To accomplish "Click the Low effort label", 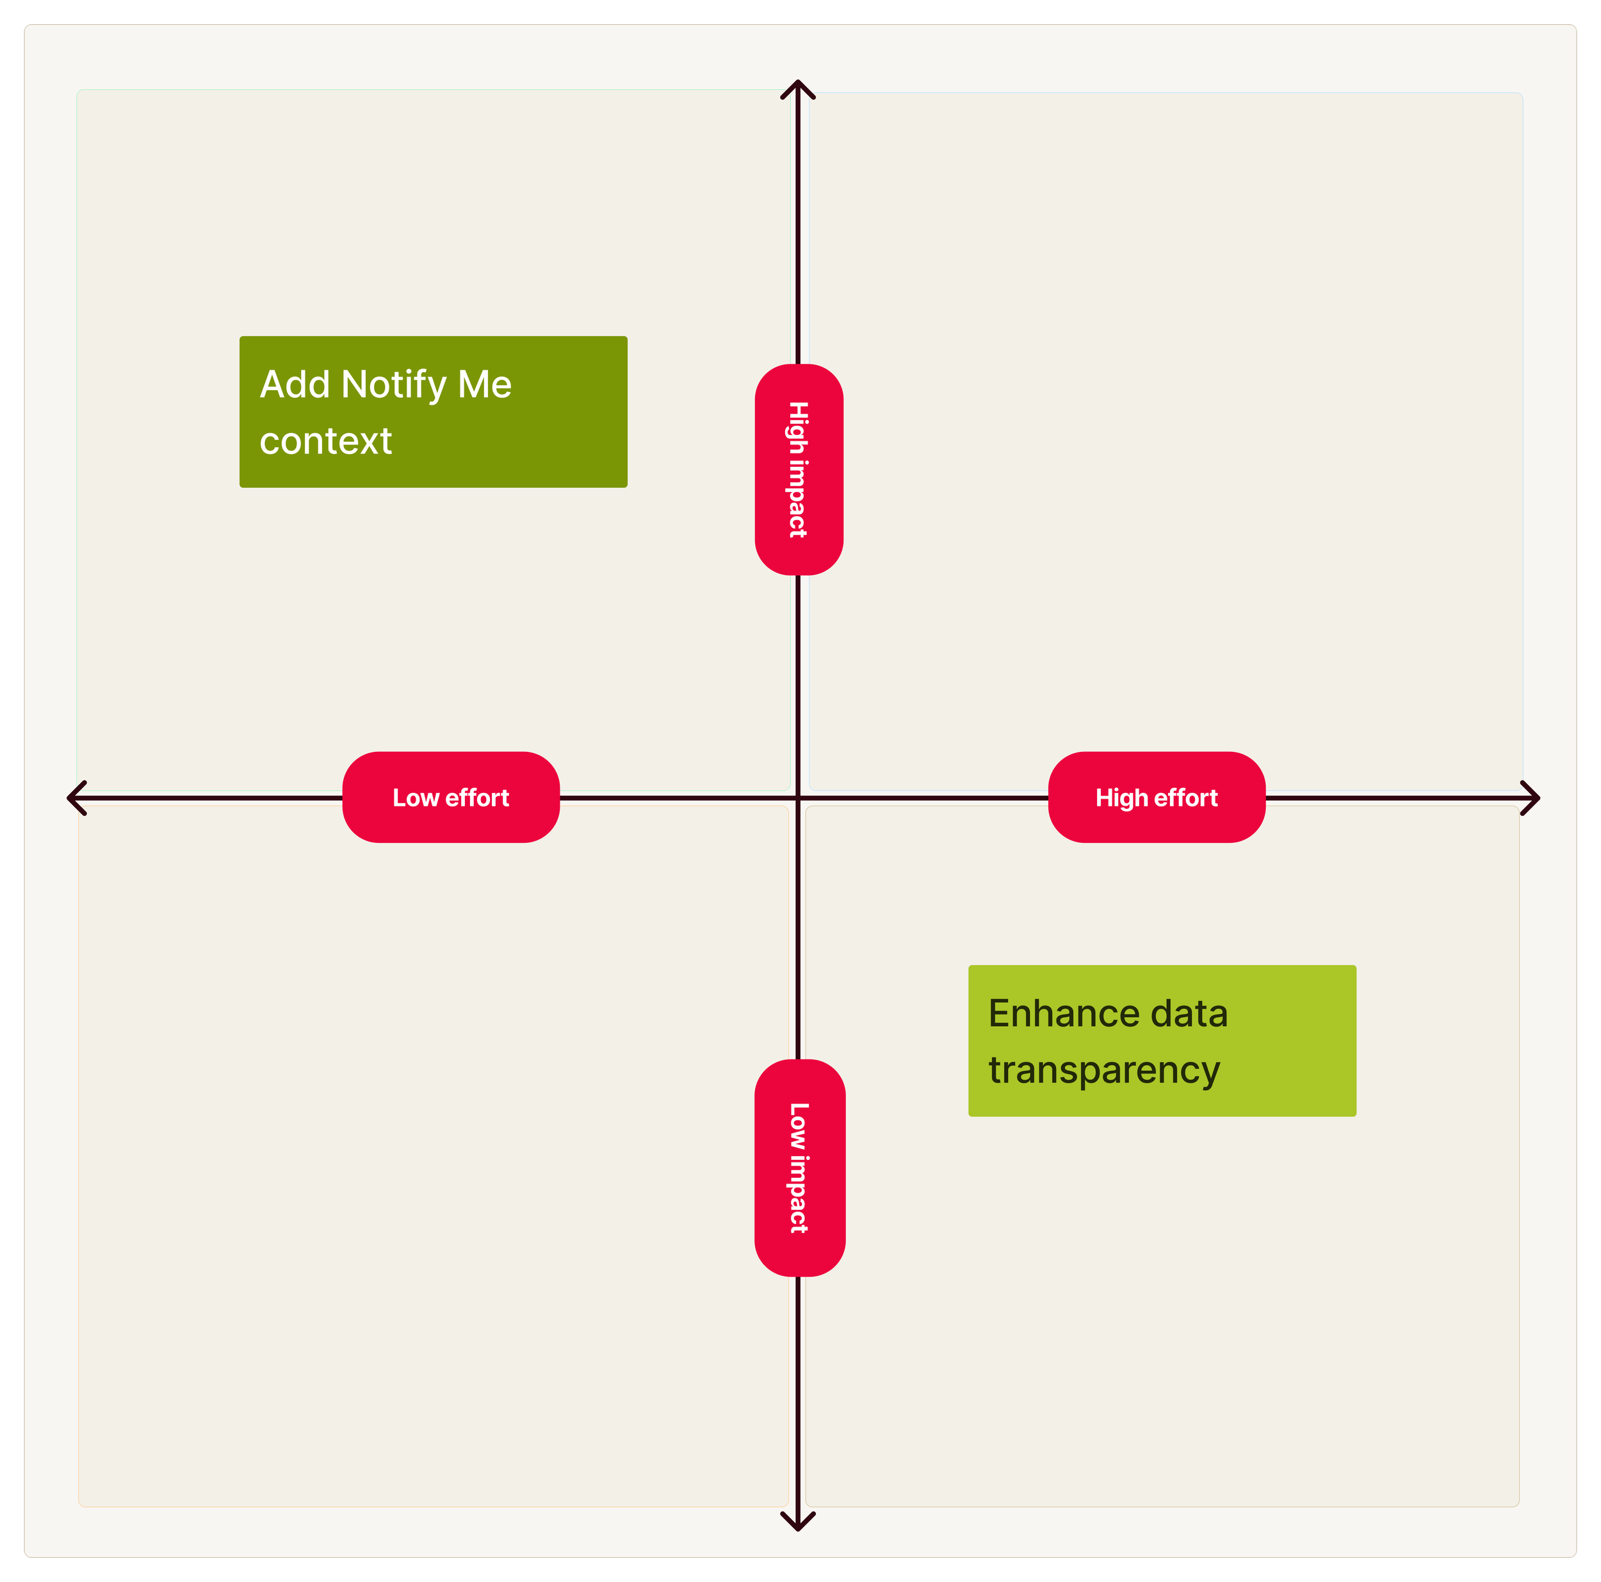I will [451, 797].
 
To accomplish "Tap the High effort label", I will [1156, 797].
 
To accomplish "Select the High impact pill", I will [799, 469].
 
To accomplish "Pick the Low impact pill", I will [799, 1167].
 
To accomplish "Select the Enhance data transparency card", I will [1162, 1040].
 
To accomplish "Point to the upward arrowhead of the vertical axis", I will [798, 85].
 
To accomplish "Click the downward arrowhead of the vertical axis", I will [798, 1526].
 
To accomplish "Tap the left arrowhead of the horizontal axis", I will [72, 798].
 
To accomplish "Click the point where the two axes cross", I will [798, 798].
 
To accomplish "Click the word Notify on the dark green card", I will [394, 384].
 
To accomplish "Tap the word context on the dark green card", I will [326, 441].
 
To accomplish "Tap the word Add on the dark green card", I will [294, 384].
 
